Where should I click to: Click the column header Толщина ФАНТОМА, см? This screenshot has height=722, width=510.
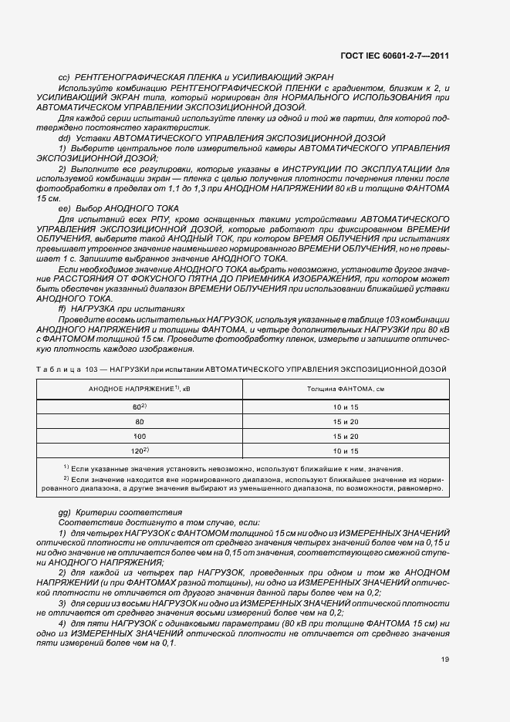346,388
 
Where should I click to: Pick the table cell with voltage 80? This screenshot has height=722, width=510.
140,421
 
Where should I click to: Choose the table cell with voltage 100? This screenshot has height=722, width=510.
140,436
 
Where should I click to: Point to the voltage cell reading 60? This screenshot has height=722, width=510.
140,407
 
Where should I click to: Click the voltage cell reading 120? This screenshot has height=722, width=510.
140,450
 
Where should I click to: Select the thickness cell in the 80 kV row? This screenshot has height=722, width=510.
346,421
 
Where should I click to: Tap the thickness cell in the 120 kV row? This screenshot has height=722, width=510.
346,450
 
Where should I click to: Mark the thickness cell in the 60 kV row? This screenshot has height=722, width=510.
346,407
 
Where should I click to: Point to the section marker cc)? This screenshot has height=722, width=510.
65,78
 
